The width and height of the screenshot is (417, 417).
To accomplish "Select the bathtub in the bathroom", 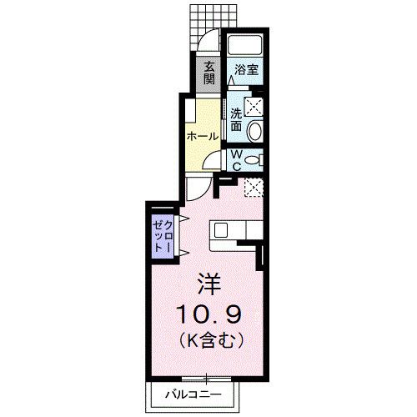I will [245, 47].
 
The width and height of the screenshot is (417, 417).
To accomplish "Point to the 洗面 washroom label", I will [237, 119].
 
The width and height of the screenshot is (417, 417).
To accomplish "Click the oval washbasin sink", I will [256, 131].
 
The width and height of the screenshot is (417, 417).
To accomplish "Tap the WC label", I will [236, 159].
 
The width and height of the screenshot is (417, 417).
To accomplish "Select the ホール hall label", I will [203, 136].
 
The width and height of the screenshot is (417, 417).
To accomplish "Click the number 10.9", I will [209, 314].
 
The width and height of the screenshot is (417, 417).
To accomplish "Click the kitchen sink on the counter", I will [220, 229].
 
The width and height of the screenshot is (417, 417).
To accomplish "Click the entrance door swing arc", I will [206, 42].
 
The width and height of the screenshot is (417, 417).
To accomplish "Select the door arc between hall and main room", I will [198, 188].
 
